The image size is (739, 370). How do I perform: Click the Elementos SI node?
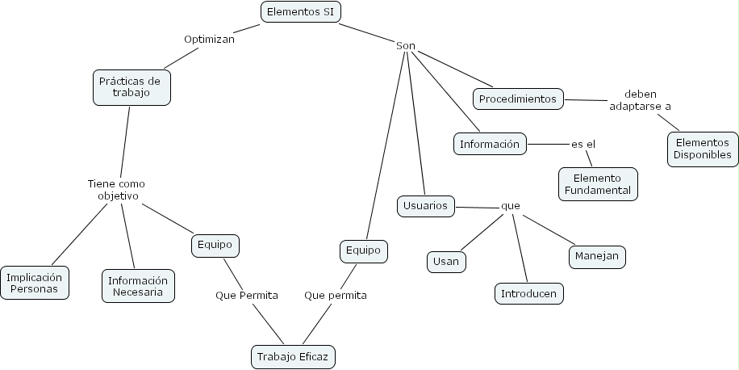(x=300, y=11)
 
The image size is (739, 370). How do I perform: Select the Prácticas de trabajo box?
(x=132, y=86)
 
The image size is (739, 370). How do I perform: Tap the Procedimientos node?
(x=518, y=99)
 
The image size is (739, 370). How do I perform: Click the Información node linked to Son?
(x=490, y=144)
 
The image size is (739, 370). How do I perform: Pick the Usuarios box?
(x=425, y=206)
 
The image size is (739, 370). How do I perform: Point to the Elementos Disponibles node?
(x=703, y=149)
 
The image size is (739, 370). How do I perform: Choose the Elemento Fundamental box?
(x=597, y=183)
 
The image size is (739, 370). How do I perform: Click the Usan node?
(x=446, y=261)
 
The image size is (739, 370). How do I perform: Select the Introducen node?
(x=528, y=293)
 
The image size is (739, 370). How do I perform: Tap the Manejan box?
(x=597, y=256)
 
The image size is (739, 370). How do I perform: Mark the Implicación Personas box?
(x=34, y=283)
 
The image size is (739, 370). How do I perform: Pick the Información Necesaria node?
(x=138, y=286)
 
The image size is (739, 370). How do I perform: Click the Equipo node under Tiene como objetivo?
(x=215, y=244)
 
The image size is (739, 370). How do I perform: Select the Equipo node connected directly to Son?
(x=362, y=250)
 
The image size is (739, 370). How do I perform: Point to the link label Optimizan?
(x=209, y=38)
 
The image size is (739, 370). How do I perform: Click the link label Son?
(x=405, y=45)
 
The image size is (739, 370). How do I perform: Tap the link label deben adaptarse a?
(x=640, y=99)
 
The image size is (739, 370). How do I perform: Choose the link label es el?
(x=582, y=144)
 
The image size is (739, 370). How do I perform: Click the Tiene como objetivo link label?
(x=116, y=190)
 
